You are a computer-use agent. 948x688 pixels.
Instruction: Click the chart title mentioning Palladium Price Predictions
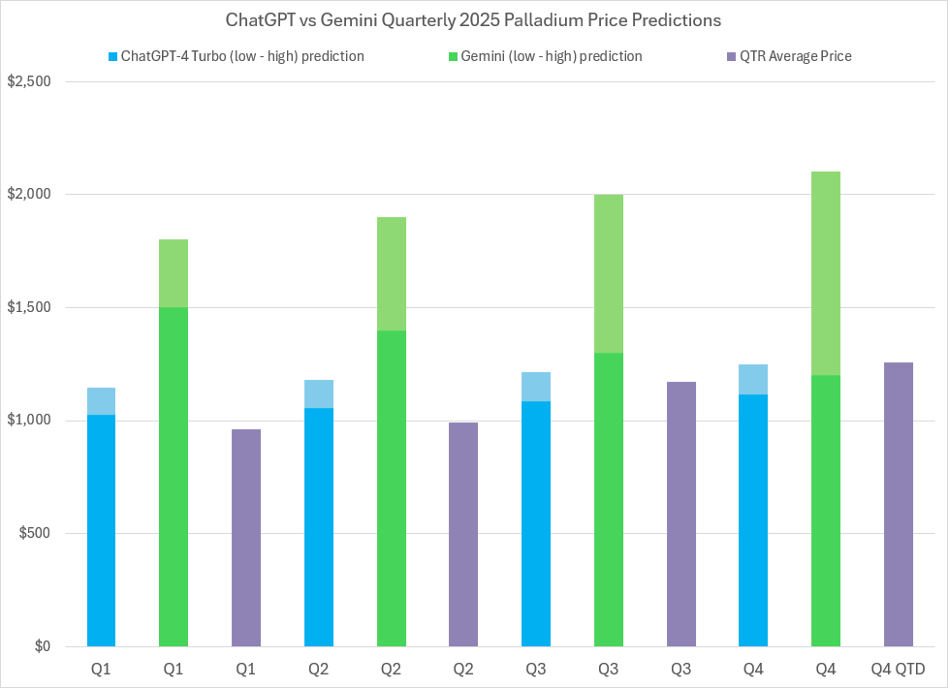tap(473, 19)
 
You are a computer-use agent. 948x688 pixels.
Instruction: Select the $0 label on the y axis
tap(43, 646)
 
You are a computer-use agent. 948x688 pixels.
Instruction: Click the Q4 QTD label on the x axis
tap(898, 670)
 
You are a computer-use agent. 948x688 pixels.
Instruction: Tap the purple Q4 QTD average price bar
tap(898, 504)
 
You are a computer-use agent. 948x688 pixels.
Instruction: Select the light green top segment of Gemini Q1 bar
tap(174, 273)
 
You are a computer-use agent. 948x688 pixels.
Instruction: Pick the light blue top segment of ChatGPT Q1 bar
tap(101, 401)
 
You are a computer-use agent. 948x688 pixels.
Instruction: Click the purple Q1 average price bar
tap(246, 538)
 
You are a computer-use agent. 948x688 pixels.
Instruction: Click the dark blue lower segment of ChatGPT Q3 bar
tap(536, 523)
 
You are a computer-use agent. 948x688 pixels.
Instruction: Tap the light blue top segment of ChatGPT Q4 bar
tap(753, 379)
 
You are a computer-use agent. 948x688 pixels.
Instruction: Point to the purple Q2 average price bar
tap(463, 534)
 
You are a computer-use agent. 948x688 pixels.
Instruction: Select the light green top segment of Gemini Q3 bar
tap(608, 273)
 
